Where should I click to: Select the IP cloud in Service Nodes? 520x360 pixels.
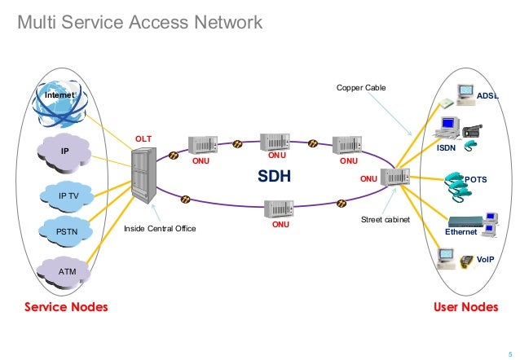coord(65,151)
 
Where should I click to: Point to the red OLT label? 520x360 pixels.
coord(143,138)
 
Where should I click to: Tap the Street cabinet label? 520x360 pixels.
coord(385,220)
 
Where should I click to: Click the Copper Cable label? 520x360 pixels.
coord(361,86)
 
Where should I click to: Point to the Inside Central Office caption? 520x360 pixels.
coord(160,230)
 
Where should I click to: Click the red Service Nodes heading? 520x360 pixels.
coord(66,307)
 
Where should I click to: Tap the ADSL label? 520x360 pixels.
coord(487,95)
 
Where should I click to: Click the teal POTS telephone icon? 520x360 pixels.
coord(457,187)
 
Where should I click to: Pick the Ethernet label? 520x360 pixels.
coord(461,232)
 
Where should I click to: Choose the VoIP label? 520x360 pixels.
coord(485,258)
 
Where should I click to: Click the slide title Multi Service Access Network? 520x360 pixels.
coord(140,23)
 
